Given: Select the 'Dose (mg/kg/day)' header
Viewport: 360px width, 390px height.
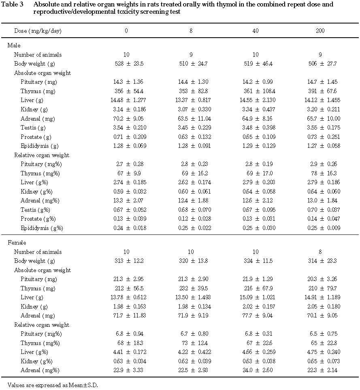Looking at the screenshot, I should click(38, 31).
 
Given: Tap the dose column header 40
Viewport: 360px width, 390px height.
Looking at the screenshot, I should click(255, 31).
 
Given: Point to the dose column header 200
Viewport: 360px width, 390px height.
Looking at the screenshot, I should click(320, 31).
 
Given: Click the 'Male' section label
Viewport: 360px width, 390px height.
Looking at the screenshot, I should click(14, 45).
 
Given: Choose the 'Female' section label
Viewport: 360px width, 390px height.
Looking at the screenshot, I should click(17, 243).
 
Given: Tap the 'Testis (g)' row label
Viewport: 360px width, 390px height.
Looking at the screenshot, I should click(34, 128).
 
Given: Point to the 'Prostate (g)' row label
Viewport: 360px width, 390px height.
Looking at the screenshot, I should click(36, 137).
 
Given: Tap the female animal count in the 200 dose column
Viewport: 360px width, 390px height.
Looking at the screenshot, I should click(320, 252).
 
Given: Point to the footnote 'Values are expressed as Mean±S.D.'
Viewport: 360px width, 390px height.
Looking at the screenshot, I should click(53, 385).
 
